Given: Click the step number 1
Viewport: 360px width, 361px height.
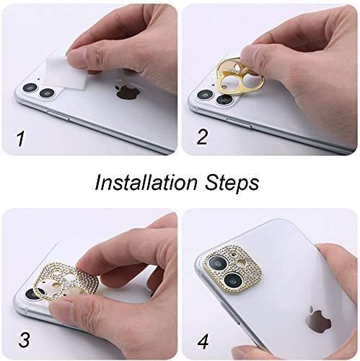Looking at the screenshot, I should pos(19,136).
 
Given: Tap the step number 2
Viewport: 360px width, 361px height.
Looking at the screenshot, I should pos(203,136).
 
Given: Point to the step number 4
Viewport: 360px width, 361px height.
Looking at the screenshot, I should pos(204,339).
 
